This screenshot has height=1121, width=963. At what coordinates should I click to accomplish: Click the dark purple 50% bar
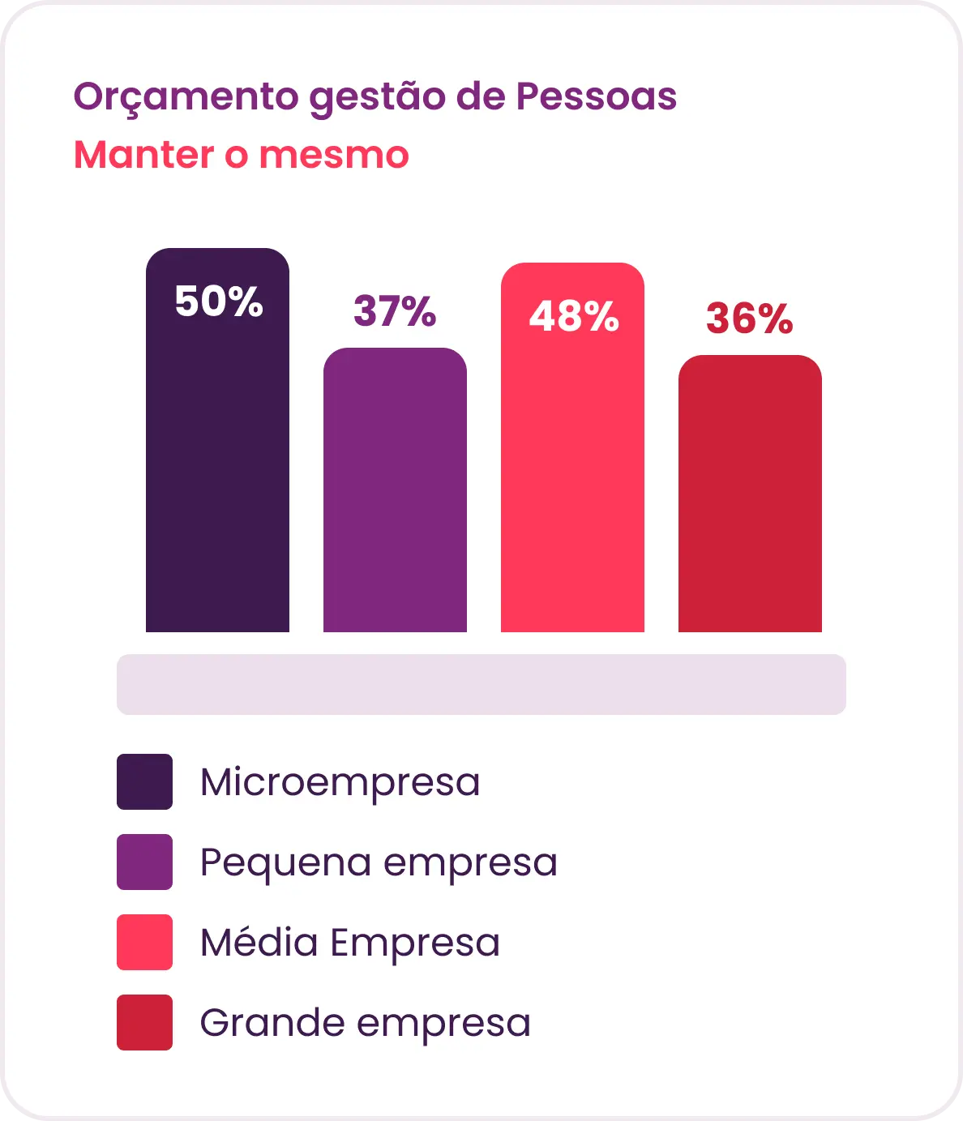(x=217, y=440)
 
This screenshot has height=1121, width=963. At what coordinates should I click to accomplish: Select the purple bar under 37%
(x=395, y=490)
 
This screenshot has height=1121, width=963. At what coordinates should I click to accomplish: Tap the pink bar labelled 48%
(x=572, y=447)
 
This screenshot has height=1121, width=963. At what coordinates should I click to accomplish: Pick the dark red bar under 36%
(x=750, y=494)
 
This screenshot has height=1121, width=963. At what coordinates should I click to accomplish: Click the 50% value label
(x=219, y=301)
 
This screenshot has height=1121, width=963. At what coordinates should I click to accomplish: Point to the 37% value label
(x=395, y=310)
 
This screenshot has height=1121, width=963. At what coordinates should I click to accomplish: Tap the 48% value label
(x=574, y=315)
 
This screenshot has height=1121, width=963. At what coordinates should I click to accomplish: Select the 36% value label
(x=749, y=318)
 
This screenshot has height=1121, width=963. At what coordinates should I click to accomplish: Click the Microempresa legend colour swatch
(x=145, y=781)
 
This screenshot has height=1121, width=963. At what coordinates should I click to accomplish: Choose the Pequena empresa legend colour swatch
(x=145, y=862)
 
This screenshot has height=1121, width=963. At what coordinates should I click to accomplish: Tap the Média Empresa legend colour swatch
(x=145, y=942)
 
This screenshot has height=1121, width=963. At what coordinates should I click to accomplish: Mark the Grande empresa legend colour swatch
(x=145, y=1022)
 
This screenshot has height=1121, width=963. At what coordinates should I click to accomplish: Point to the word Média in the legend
(x=259, y=942)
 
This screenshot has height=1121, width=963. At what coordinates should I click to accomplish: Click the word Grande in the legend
(x=272, y=1022)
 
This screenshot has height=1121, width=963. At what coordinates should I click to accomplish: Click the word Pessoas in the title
(x=597, y=96)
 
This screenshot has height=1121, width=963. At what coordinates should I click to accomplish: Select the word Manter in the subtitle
(x=144, y=155)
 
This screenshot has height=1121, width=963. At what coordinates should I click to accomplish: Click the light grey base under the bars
(x=481, y=684)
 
